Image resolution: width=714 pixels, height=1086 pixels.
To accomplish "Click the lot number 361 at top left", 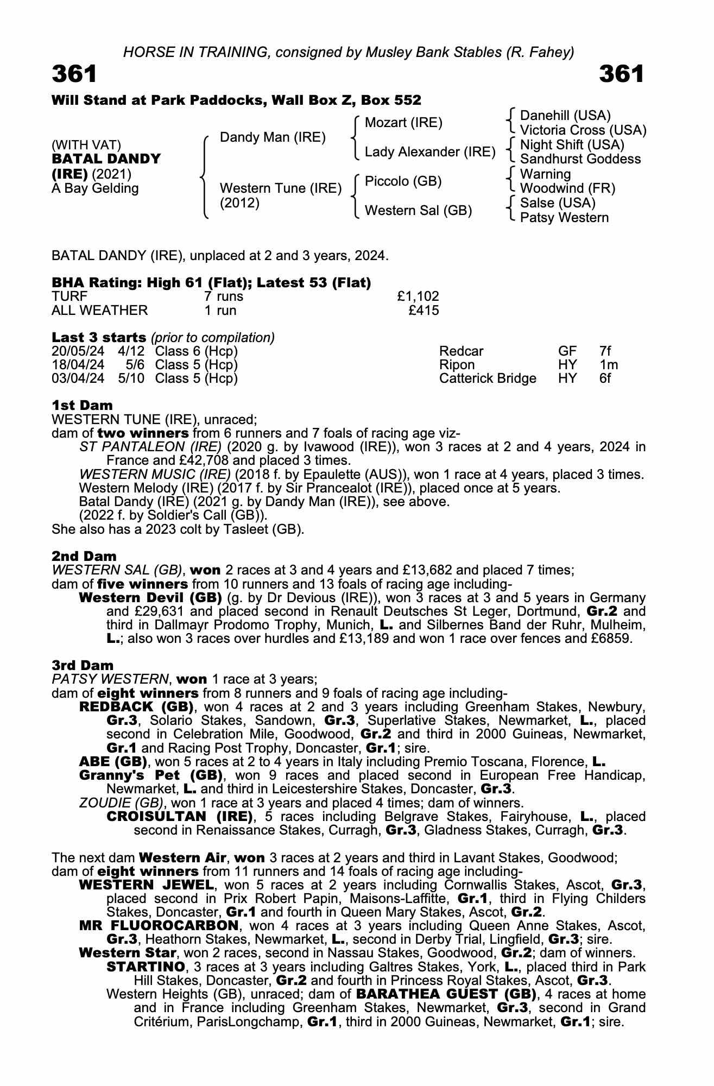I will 74,74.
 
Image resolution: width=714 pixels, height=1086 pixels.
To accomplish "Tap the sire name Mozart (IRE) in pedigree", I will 403,123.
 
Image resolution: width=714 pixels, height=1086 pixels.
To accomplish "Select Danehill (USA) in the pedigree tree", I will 565,116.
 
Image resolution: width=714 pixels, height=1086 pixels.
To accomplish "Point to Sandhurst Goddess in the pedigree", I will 580,159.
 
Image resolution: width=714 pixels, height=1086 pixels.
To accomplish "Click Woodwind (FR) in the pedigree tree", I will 567,188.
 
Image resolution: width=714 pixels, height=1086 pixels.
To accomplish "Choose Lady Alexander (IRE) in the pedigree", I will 430,152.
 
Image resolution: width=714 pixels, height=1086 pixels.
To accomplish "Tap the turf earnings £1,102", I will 418,296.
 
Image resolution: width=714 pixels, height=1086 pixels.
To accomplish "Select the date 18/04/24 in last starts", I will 78,365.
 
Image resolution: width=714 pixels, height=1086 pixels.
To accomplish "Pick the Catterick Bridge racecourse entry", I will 488,378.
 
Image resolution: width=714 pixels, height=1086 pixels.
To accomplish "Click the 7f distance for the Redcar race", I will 605,351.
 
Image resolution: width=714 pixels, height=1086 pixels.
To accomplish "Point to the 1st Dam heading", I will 82,405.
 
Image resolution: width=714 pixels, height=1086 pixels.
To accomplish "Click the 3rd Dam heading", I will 83,665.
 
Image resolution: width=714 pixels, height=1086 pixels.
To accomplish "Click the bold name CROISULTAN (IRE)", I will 180,817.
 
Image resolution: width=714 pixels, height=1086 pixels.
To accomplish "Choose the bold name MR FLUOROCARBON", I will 159,925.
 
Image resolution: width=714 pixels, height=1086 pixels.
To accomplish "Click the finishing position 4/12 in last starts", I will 131,351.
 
